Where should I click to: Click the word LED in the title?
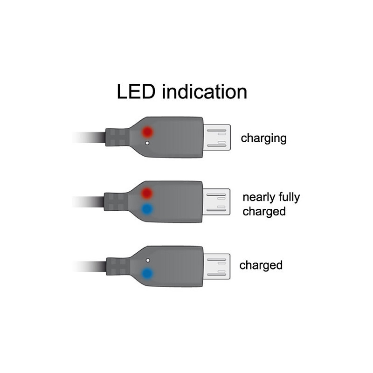coord(136,91)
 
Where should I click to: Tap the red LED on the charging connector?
coord(147,131)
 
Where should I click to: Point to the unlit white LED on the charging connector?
coord(147,143)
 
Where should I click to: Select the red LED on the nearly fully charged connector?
coord(147,193)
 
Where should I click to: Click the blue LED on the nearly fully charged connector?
coord(147,209)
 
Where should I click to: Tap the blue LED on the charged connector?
coord(147,273)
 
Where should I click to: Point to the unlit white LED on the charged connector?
coord(148,260)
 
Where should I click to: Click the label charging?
coord(263,138)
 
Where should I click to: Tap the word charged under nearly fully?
coord(264,212)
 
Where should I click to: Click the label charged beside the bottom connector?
coord(261,265)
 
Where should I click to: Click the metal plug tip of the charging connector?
coord(217,138)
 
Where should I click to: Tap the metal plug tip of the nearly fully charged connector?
coord(216,202)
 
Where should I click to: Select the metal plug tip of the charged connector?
coord(216,267)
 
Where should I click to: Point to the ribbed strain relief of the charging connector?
coord(117,137)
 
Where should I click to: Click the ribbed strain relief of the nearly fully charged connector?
coord(116,202)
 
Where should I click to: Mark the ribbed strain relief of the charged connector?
coord(118,266)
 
